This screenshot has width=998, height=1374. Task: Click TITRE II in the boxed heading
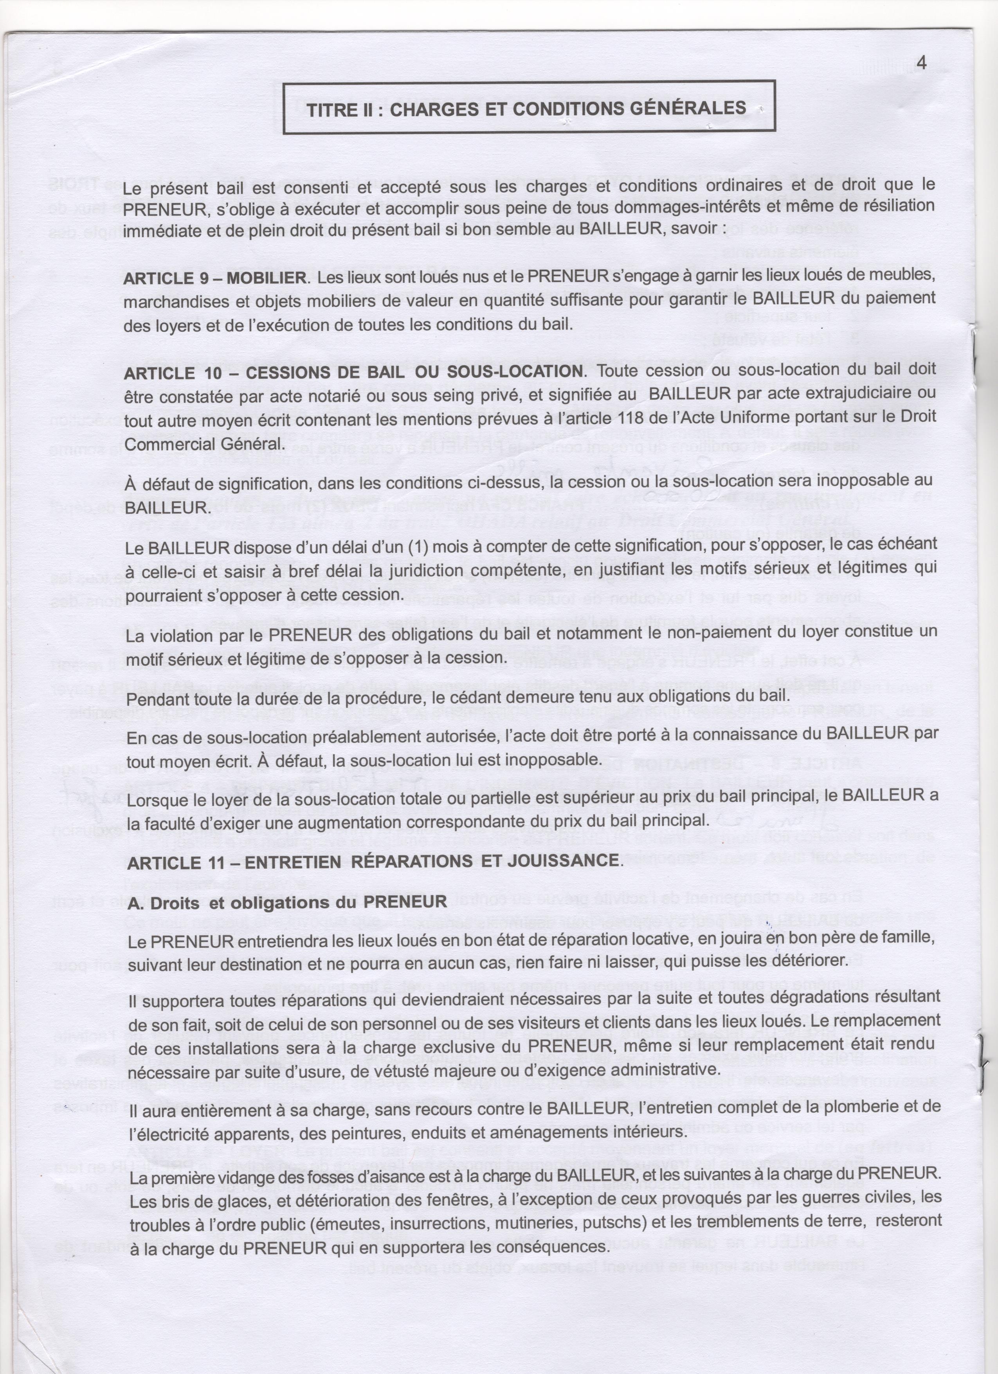(340, 110)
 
